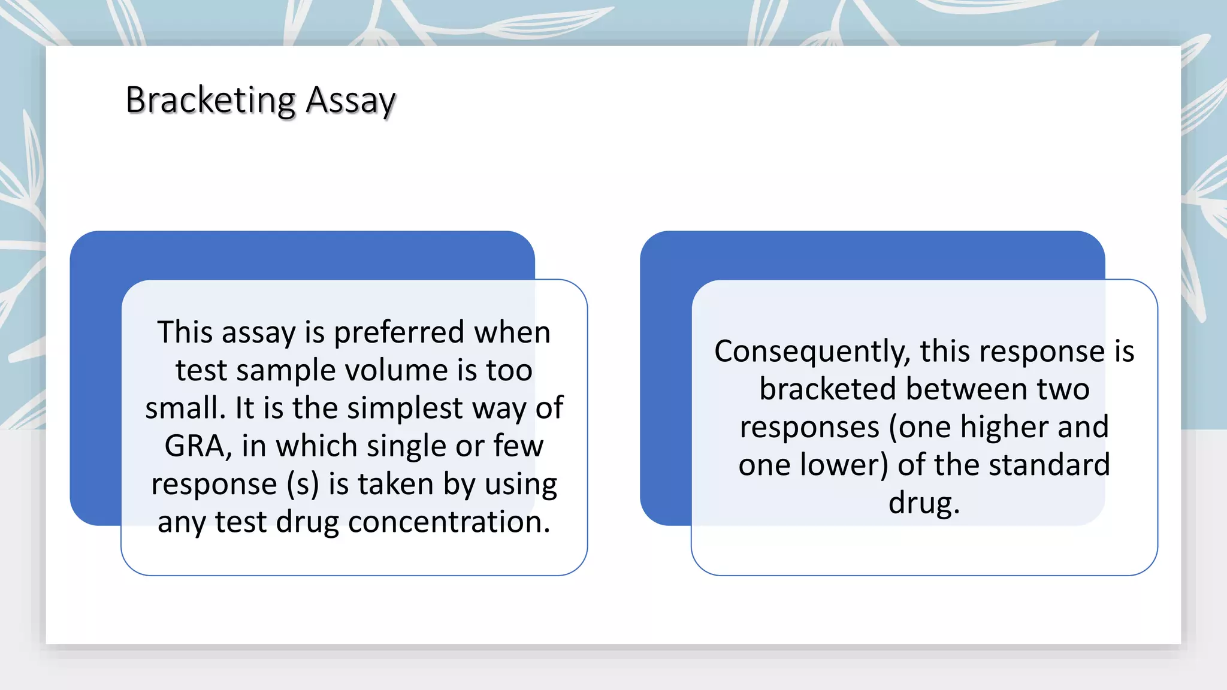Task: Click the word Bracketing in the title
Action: (x=210, y=101)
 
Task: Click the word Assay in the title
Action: (x=350, y=101)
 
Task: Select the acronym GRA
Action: (x=194, y=446)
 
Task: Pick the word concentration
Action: (x=449, y=522)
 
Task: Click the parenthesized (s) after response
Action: (x=303, y=484)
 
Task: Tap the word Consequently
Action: (x=812, y=352)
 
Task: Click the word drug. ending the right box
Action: (x=924, y=503)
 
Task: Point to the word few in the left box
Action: (x=518, y=446)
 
